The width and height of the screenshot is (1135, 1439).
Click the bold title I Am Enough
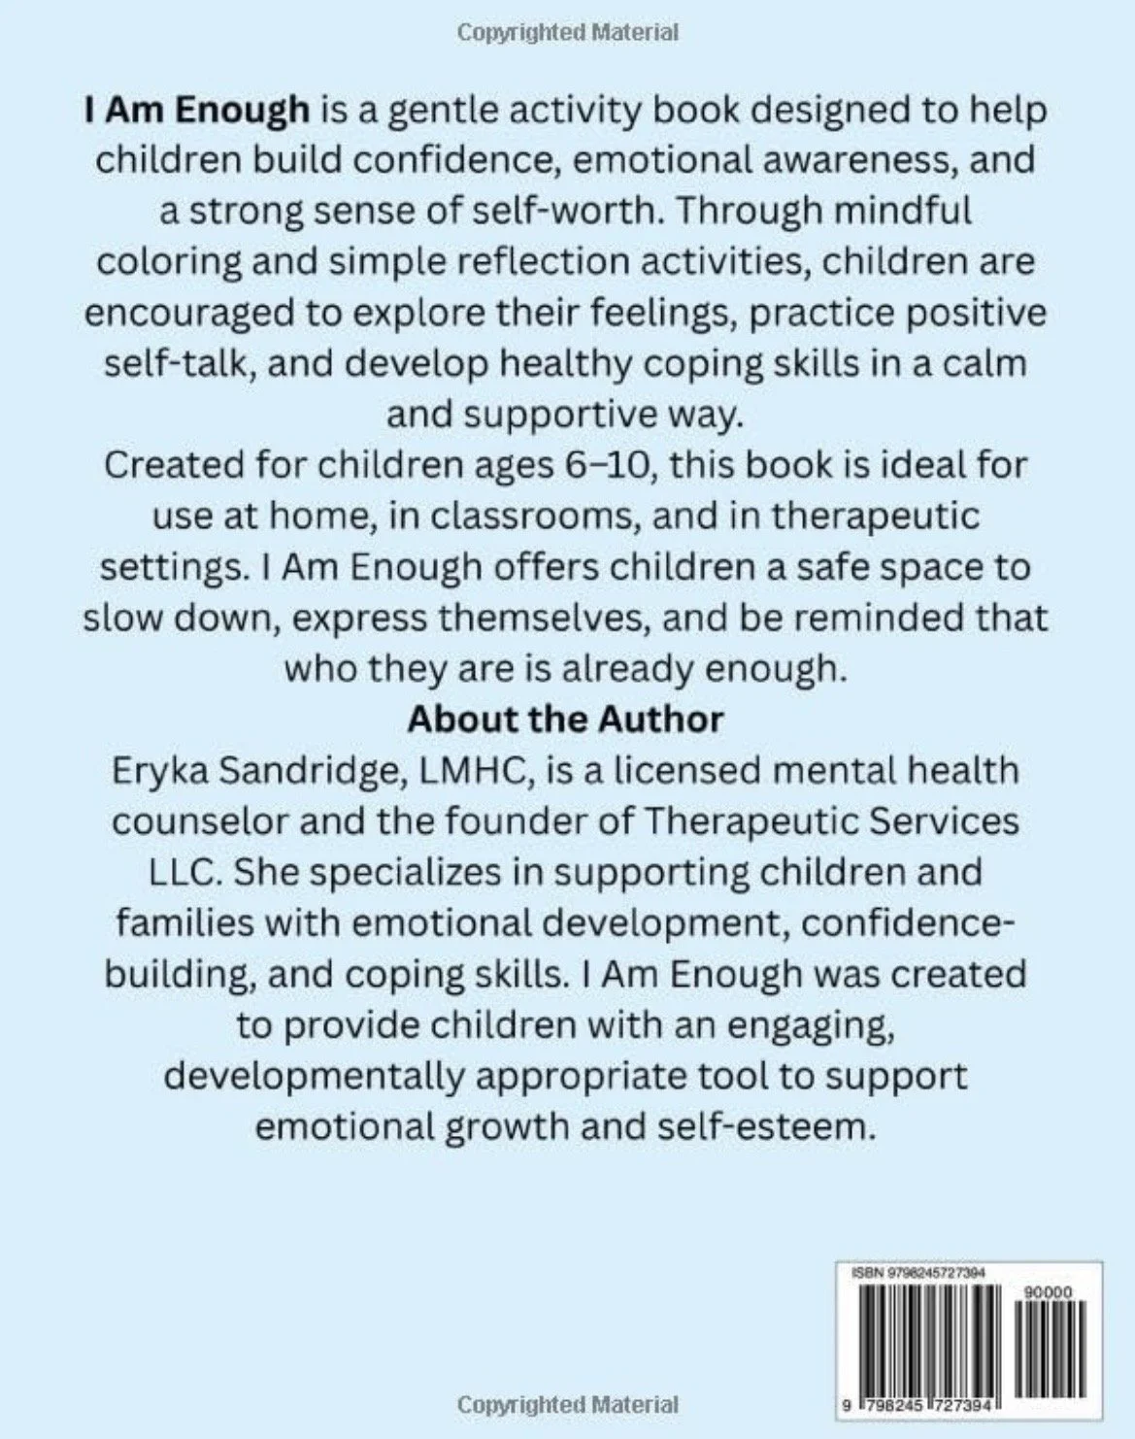(x=197, y=110)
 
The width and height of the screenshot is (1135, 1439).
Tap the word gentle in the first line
(x=435, y=110)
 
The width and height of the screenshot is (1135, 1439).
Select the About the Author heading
(x=566, y=719)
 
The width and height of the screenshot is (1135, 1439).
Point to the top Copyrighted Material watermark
(x=567, y=33)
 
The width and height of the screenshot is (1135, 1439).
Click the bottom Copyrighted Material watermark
(x=567, y=1404)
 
